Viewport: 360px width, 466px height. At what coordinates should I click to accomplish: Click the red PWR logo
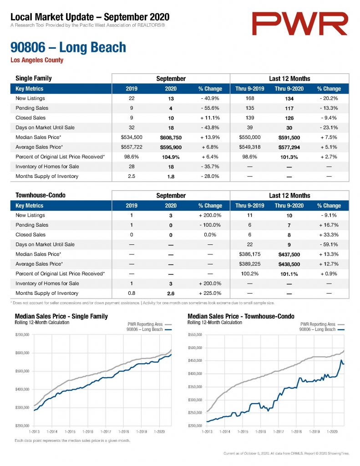pos(299,24)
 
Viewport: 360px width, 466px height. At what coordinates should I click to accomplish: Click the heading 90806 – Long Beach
pos(68,47)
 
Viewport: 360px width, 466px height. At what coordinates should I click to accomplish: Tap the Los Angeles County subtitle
pos(37,60)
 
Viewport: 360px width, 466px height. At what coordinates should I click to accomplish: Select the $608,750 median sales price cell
pos(171,137)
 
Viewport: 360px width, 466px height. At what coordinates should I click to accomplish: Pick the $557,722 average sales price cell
pos(132,147)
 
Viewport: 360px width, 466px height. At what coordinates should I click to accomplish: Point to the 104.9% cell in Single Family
pos(171,157)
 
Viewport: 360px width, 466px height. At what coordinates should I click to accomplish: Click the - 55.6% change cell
pos(210,108)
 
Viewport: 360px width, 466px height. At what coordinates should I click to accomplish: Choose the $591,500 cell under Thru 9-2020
pos(289,137)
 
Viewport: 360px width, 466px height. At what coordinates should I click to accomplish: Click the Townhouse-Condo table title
pos(41,195)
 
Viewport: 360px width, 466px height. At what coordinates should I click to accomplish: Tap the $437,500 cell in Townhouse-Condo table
pos(289,254)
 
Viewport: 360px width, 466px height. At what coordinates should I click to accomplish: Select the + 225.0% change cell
pos(210,293)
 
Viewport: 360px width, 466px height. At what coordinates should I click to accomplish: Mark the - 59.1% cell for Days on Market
pos(329,244)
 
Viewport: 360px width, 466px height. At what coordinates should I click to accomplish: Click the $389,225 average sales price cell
pos(250,264)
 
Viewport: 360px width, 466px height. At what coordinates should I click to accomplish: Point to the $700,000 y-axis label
pos(22,334)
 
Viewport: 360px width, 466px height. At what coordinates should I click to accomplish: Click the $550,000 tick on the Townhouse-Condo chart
pos(195,334)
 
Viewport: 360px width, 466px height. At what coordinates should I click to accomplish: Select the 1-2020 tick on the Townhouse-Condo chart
pos(332,431)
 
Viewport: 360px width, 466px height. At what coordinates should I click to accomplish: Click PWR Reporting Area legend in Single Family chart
pos(145,324)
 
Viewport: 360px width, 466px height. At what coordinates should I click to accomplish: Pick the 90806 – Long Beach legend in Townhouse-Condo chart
pos(317,329)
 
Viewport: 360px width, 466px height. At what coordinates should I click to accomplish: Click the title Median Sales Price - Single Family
pos(61,316)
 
